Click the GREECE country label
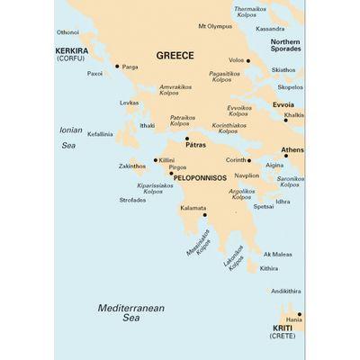[175, 56]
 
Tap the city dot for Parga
[117, 66]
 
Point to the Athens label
[292, 148]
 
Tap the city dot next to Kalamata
[205, 215]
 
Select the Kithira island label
[268, 268]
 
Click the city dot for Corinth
[247, 160]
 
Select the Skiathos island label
[283, 69]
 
